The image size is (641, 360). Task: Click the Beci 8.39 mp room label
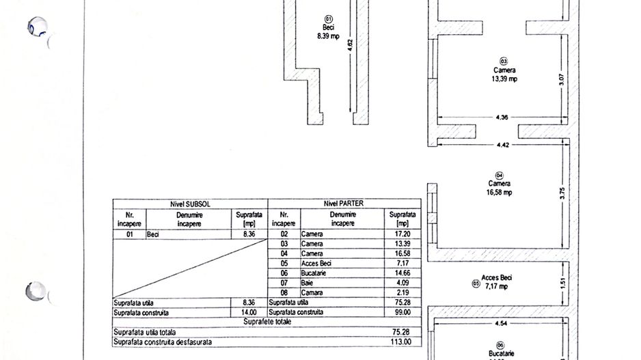[x=328, y=31]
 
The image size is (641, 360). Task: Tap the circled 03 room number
[x=504, y=61]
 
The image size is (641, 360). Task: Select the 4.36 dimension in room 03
[x=502, y=117]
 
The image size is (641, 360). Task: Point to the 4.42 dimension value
[x=503, y=145]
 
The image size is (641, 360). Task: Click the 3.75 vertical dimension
[x=562, y=193]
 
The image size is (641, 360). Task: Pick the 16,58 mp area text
[x=499, y=192]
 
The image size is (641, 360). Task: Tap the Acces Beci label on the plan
[x=497, y=277]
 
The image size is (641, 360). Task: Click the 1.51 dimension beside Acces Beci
[x=563, y=283]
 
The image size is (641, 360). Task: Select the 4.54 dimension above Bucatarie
[x=501, y=323]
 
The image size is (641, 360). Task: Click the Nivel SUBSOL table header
[x=190, y=204]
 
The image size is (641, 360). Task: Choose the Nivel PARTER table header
[x=343, y=203]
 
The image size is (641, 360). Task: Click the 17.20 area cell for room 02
[x=403, y=234]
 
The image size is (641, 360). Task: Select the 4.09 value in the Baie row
[x=403, y=283]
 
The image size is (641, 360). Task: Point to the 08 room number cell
[x=284, y=292]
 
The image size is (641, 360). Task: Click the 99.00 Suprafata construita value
[x=403, y=312]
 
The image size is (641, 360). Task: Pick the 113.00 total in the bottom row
[x=400, y=342]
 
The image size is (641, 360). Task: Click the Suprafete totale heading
[x=267, y=322]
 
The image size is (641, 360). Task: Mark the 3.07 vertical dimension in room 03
[x=561, y=80]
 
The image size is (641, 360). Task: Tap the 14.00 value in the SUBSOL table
[x=249, y=313]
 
